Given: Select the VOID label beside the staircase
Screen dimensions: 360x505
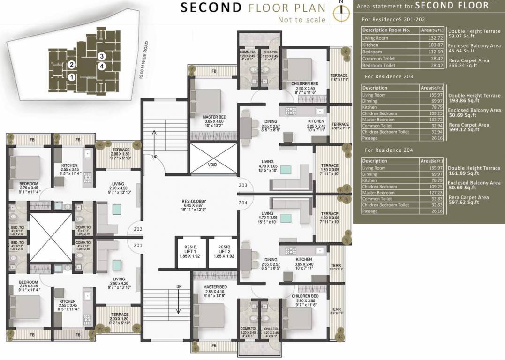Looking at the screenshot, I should tap(212, 165).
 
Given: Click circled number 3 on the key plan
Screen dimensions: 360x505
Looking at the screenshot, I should tap(101, 56).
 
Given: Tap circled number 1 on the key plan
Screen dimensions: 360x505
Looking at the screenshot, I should tap(71, 77).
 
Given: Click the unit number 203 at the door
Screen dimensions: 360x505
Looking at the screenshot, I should tap(242, 185).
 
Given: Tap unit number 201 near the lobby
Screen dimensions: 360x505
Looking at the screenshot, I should tap(137, 245).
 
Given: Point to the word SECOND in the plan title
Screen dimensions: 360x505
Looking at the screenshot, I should tap(211, 7).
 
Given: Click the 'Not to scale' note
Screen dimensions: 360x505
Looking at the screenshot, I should tap(301, 20).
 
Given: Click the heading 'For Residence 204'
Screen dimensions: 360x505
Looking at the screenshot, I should tap(389, 150).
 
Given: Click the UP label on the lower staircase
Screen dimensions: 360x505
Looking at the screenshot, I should tap(179, 286).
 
